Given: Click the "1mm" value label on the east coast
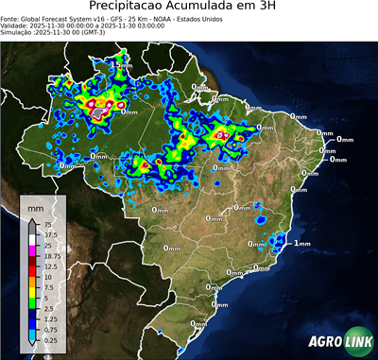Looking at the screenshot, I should (x=302, y=243).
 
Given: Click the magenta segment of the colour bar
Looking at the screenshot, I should (x=31, y=250).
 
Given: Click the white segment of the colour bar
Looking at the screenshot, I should (x=31, y=239).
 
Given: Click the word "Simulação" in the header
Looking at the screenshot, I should (x=18, y=32).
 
